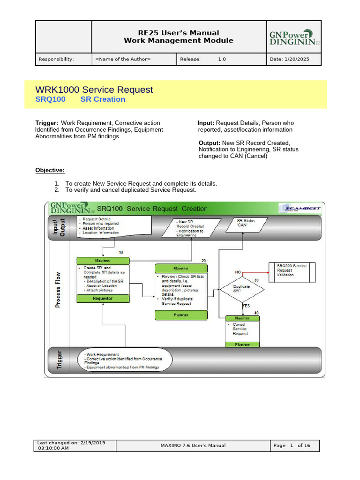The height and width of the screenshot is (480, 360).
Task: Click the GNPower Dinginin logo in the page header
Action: click(293, 37)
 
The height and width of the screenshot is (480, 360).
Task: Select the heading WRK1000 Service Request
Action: click(94, 90)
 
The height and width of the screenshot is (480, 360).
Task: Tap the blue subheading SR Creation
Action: click(103, 99)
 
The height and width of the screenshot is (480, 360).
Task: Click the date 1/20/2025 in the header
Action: click(295, 59)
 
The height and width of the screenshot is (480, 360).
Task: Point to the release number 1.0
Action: click(222, 59)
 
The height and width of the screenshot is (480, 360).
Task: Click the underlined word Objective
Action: click(50, 170)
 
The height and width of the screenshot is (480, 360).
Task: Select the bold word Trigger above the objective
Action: click(46, 123)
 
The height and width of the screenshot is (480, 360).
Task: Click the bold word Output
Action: click(209, 142)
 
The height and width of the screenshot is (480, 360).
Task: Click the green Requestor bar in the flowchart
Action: click(103, 298)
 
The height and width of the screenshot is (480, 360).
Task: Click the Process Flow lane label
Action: click(58, 290)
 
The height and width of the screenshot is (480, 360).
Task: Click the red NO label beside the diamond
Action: click(238, 272)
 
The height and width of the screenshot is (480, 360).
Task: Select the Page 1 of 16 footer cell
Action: click(295, 445)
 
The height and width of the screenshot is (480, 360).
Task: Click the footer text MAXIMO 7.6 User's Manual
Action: click(193, 445)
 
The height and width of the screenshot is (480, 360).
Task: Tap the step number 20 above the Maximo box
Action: click(203, 261)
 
